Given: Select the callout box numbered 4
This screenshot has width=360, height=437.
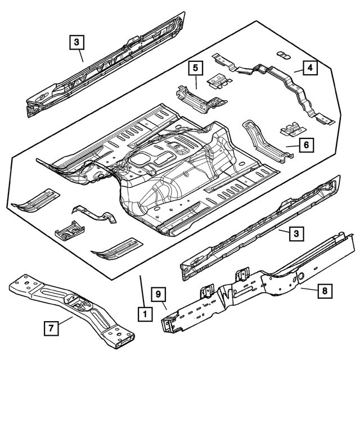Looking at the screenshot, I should pyautogui.click(x=310, y=69).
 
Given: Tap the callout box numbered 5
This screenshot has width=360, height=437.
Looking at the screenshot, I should pyautogui.click(x=195, y=69).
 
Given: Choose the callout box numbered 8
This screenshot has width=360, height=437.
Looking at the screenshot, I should pyautogui.click(x=325, y=291).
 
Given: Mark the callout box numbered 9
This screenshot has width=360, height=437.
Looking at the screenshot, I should pyautogui.click(x=159, y=294).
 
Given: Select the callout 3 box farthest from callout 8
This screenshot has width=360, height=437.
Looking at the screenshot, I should pyautogui.click(x=78, y=41).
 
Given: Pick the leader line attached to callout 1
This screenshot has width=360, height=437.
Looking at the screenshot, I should pyautogui.click(x=142, y=290).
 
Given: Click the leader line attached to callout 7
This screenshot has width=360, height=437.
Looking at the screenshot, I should pyautogui.click(x=65, y=322).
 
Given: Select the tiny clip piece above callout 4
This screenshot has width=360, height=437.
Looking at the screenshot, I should pyautogui.click(x=282, y=54).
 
